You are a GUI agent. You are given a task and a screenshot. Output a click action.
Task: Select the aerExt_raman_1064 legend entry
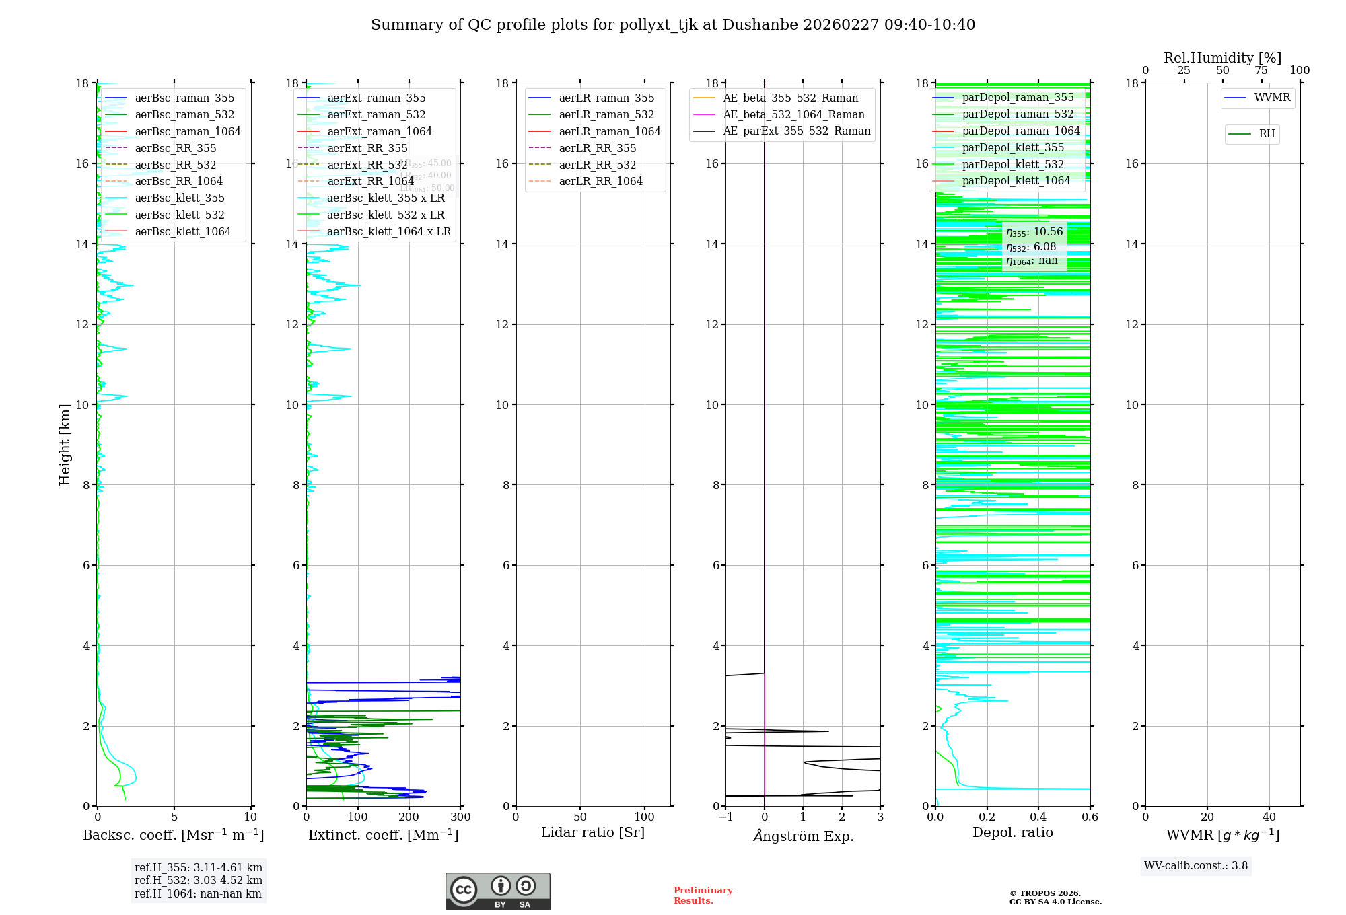point(380,132)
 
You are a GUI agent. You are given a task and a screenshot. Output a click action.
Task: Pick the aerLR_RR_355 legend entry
point(597,149)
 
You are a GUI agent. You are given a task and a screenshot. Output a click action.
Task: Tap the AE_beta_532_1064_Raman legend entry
point(793,115)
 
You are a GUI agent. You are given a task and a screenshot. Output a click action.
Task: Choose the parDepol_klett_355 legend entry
point(1013,148)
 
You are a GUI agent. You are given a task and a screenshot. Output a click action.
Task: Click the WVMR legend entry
point(1272,98)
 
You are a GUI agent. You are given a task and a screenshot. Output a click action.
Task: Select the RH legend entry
point(1267,134)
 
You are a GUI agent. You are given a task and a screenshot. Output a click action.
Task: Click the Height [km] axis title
point(65,444)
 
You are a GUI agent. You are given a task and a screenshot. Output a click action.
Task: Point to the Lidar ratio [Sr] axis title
point(593,833)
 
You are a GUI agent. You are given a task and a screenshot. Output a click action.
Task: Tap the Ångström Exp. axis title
point(803,836)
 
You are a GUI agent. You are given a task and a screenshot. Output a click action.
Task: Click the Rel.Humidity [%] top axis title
point(1222,58)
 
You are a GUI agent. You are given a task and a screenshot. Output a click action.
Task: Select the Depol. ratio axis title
point(1012,833)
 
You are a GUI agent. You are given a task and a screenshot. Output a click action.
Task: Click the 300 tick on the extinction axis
point(461,817)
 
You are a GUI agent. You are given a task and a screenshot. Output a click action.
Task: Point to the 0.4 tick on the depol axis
point(1038,817)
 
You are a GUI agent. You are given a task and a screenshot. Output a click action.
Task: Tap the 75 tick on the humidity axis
point(1261,71)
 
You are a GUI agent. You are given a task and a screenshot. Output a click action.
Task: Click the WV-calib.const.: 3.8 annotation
point(1196,866)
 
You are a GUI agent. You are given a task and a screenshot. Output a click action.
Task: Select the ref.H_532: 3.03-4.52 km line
point(199,881)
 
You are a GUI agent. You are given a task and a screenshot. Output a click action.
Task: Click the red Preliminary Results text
point(703,895)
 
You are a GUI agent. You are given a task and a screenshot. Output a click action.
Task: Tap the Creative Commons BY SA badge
point(497,891)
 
